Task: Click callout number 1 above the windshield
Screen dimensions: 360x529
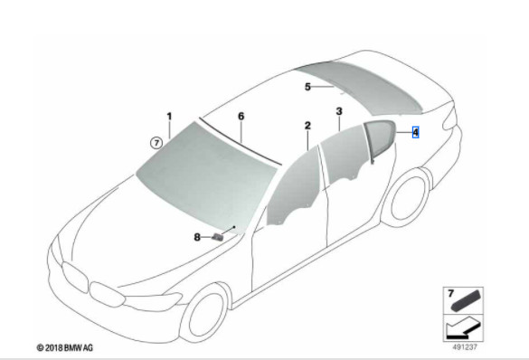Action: (168, 117)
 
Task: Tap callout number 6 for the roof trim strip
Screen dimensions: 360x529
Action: (241, 117)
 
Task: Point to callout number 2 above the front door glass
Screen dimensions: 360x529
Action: (307, 125)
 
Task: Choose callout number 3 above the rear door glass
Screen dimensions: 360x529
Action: (339, 111)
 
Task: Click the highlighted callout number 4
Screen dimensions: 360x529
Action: (415, 132)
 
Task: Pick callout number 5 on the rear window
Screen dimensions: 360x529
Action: (307, 87)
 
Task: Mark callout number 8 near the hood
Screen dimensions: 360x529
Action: (197, 237)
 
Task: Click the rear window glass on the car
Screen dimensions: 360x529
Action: (362, 77)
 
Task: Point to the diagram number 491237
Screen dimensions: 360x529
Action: (463, 344)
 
